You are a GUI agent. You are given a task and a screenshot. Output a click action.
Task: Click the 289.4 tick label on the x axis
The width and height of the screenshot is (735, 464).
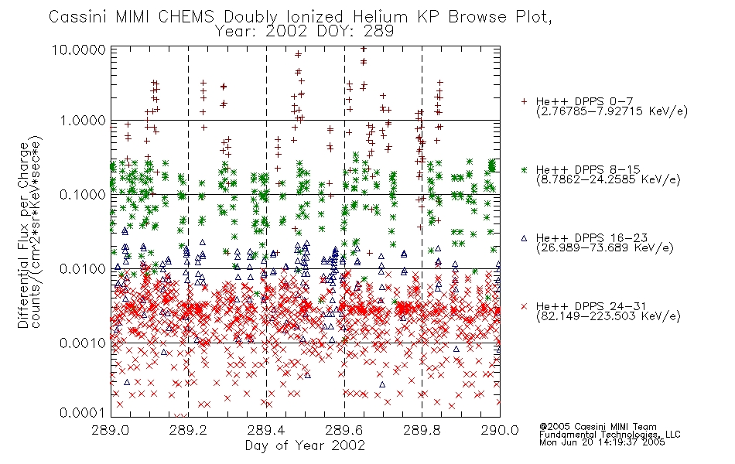point(266,430)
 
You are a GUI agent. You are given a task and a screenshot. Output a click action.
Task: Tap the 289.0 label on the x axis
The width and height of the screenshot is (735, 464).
point(111,430)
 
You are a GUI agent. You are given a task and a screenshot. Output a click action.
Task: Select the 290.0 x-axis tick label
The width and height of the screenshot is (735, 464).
point(500,430)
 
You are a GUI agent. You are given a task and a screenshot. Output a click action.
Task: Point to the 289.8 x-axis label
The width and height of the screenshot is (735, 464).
point(422,430)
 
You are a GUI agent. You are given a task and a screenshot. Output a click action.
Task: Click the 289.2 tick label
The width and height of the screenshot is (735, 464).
point(189,430)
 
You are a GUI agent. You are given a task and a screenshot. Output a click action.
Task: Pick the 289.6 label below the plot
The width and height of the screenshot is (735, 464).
point(344,430)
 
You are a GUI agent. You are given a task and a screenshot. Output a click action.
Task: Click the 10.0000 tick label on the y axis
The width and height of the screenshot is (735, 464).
point(79,49)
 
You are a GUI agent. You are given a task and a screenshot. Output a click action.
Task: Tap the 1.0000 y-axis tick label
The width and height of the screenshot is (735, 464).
point(83,121)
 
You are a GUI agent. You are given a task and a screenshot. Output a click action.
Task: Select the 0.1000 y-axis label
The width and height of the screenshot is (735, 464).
point(83,195)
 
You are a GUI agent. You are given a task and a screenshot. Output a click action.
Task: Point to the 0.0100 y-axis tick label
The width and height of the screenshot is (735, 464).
point(83,269)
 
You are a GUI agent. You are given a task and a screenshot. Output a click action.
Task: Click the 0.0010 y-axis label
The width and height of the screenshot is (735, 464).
point(83,343)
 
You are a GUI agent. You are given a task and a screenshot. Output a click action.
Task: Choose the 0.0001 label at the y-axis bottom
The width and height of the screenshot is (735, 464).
point(83,412)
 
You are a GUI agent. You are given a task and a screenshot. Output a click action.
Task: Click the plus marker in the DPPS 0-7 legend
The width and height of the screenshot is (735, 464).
point(524,101)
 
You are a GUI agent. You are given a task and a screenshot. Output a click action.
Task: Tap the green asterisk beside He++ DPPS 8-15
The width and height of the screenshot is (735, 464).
point(524,169)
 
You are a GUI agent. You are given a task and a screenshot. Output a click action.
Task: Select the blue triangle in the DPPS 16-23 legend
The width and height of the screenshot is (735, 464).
point(524,238)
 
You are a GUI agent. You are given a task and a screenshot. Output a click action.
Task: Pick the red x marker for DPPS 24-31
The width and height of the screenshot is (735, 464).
point(524,306)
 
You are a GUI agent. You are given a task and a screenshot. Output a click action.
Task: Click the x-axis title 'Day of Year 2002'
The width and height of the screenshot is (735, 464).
point(305,445)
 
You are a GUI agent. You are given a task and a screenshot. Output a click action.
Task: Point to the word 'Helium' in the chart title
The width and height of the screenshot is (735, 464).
point(380,17)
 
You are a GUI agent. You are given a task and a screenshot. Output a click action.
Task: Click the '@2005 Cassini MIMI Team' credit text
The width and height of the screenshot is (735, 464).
point(597,427)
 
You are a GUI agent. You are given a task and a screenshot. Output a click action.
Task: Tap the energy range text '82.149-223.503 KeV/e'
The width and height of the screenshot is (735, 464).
point(608,316)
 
